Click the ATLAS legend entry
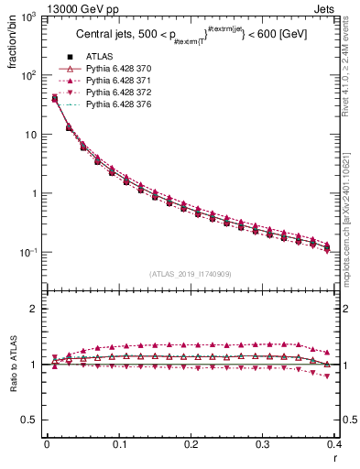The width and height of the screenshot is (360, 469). pos(98,70)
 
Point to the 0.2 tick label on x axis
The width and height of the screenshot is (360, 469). pos(191,444)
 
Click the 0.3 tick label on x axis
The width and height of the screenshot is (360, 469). pos(263,444)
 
